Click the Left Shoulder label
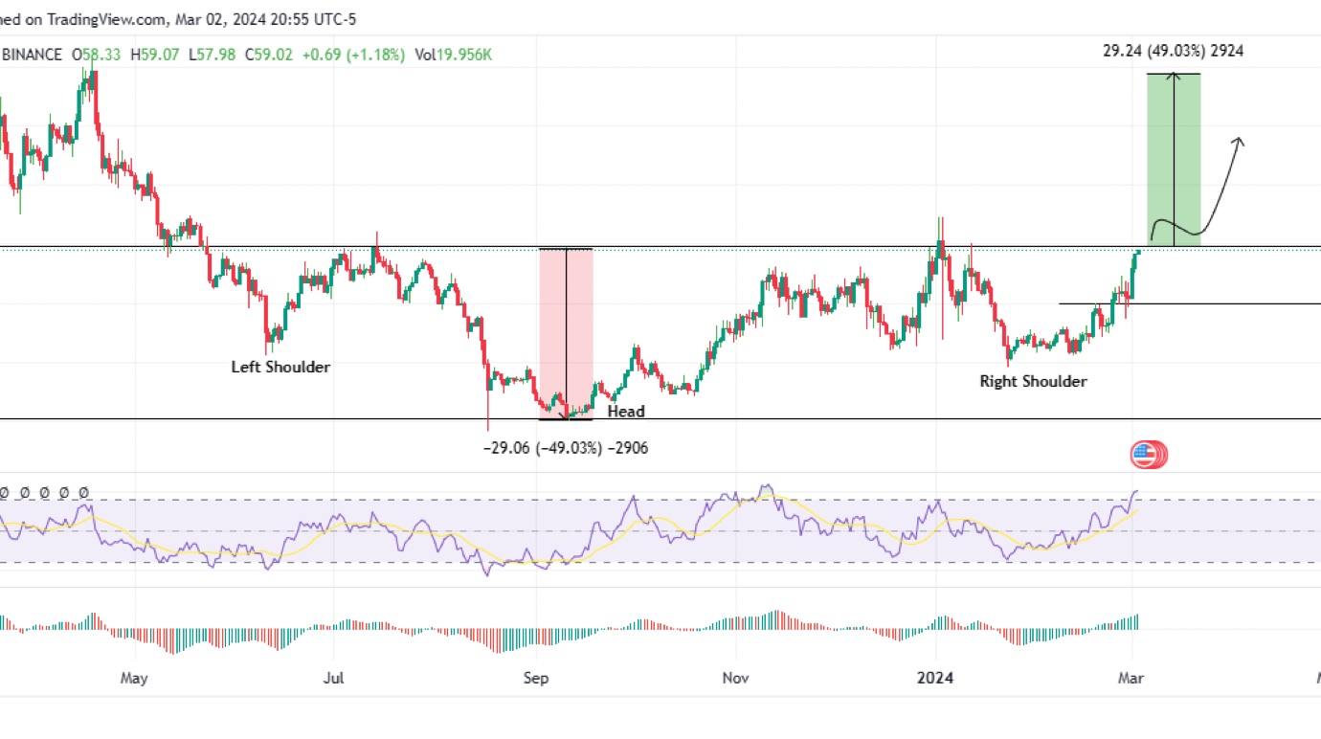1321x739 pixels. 280,367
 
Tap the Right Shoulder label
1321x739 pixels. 1033,381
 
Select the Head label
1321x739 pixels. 626,412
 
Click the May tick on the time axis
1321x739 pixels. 135,678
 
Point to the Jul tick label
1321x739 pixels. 334,678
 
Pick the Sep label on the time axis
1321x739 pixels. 536,678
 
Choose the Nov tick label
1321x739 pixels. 735,678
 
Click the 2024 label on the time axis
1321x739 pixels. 935,678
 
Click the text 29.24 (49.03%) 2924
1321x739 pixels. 1173,52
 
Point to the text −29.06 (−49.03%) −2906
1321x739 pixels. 566,447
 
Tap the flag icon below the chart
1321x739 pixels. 1148,455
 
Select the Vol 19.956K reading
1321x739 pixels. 455,55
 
